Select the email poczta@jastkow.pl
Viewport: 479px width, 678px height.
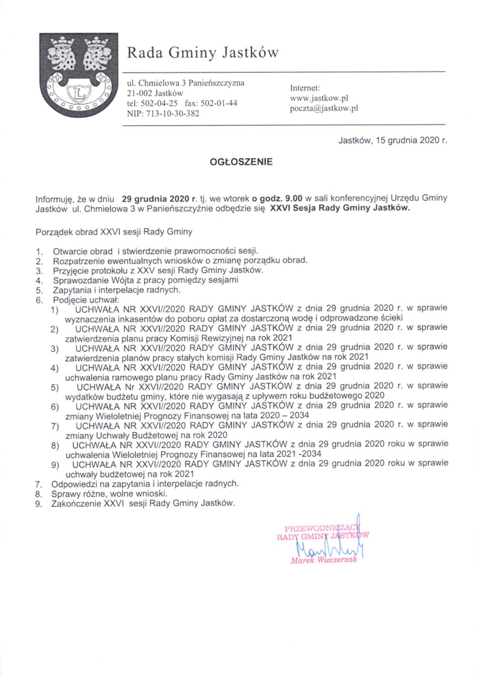(323, 108)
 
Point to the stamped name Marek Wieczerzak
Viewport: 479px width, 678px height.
(323, 561)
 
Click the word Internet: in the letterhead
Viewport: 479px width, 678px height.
(306, 87)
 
